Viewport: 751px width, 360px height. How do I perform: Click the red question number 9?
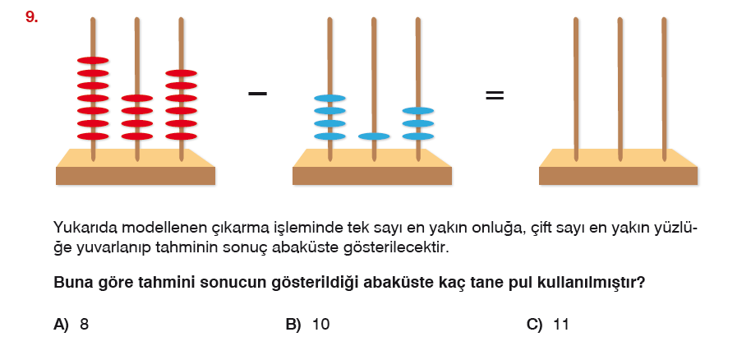click(31, 16)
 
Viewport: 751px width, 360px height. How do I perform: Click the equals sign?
click(494, 95)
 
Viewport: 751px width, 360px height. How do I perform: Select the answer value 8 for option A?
click(85, 325)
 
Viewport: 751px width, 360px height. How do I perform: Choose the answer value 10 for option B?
click(320, 325)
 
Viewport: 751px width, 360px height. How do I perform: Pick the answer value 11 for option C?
click(561, 325)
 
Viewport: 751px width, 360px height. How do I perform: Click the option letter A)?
click(61, 325)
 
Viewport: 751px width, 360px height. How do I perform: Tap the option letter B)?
click(293, 325)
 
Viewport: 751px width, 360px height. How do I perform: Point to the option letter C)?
click(534, 325)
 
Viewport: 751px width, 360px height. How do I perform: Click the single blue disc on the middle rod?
click(374, 136)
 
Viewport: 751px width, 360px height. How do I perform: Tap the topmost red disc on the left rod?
click(93, 60)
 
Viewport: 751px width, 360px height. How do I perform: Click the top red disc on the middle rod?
click(137, 99)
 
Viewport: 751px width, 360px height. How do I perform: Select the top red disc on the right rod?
click(182, 73)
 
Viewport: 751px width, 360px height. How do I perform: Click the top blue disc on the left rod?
click(329, 99)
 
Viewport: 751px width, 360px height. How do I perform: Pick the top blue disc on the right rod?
click(418, 111)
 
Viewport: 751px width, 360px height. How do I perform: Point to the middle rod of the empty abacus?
click(619, 90)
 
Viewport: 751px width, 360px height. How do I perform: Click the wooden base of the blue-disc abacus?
click(372, 175)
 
